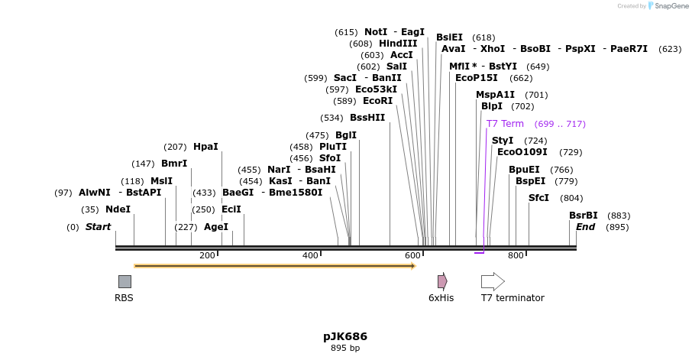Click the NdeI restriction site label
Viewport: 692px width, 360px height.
[x=118, y=209]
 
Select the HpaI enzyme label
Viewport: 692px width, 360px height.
[x=205, y=147]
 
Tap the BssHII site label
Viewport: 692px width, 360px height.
[x=367, y=118]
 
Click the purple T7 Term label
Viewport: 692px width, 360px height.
[x=505, y=124]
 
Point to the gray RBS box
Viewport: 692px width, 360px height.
[x=124, y=281]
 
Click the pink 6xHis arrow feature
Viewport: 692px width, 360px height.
[x=441, y=281]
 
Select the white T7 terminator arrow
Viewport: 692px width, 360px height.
[x=493, y=281]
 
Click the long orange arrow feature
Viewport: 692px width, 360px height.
[x=275, y=266]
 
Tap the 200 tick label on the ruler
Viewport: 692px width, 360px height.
[x=207, y=255]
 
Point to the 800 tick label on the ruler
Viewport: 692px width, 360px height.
[x=516, y=255]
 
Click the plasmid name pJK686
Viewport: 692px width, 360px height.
[x=345, y=336]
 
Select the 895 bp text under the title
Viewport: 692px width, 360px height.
[x=345, y=349]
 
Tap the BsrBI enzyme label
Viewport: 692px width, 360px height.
[x=584, y=216]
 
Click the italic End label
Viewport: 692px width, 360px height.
[x=585, y=227]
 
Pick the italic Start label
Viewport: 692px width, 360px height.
[x=98, y=227]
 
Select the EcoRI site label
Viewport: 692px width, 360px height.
[x=377, y=101]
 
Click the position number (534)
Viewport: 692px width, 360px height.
[x=331, y=118]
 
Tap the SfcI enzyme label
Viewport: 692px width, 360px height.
[x=538, y=198]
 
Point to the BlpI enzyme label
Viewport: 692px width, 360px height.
[x=492, y=106]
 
